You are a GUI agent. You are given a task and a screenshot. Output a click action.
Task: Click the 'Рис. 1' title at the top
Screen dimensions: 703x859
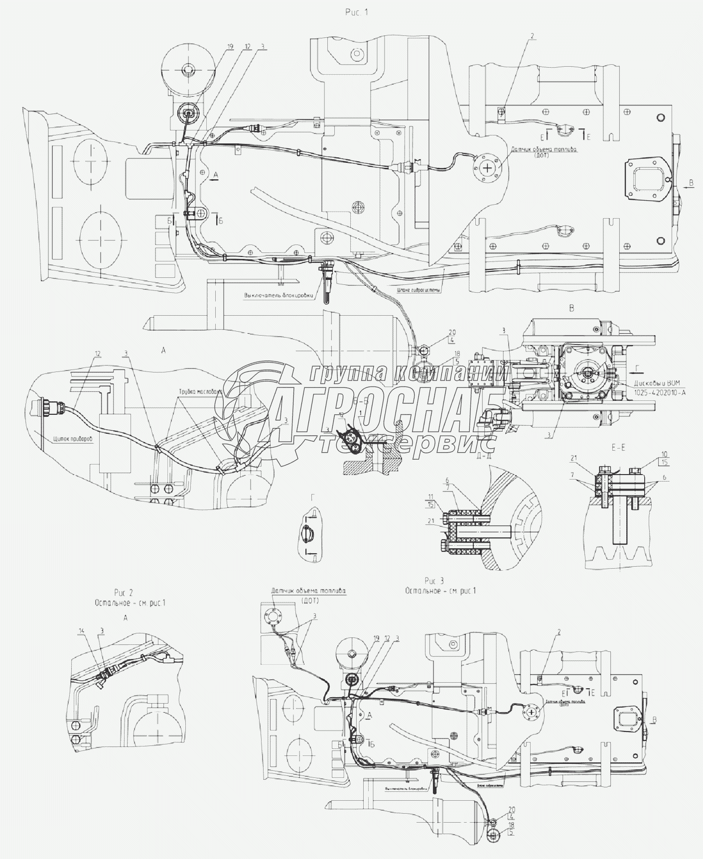(357, 12)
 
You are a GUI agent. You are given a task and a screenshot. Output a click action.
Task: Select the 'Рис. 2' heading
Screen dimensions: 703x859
(124, 593)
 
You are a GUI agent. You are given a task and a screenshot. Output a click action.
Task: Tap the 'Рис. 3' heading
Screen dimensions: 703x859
(434, 581)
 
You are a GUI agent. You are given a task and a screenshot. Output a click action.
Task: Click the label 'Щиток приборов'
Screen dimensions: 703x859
(72, 439)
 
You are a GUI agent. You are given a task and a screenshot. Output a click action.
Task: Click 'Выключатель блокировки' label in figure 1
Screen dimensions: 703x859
(279, 295)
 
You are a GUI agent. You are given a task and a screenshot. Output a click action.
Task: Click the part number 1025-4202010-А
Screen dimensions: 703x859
(660, 392)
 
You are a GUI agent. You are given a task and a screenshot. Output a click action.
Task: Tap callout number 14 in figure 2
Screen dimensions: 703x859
(82, 631)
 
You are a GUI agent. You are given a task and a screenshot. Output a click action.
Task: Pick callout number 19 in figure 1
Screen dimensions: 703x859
(230, 46)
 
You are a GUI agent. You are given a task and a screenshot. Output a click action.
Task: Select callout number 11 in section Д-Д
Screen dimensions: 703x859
(430, 496)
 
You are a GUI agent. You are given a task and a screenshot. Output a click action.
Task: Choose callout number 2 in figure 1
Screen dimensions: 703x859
(532, 36)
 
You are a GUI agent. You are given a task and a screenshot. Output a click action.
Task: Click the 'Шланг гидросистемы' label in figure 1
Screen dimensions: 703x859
(419, 290)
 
